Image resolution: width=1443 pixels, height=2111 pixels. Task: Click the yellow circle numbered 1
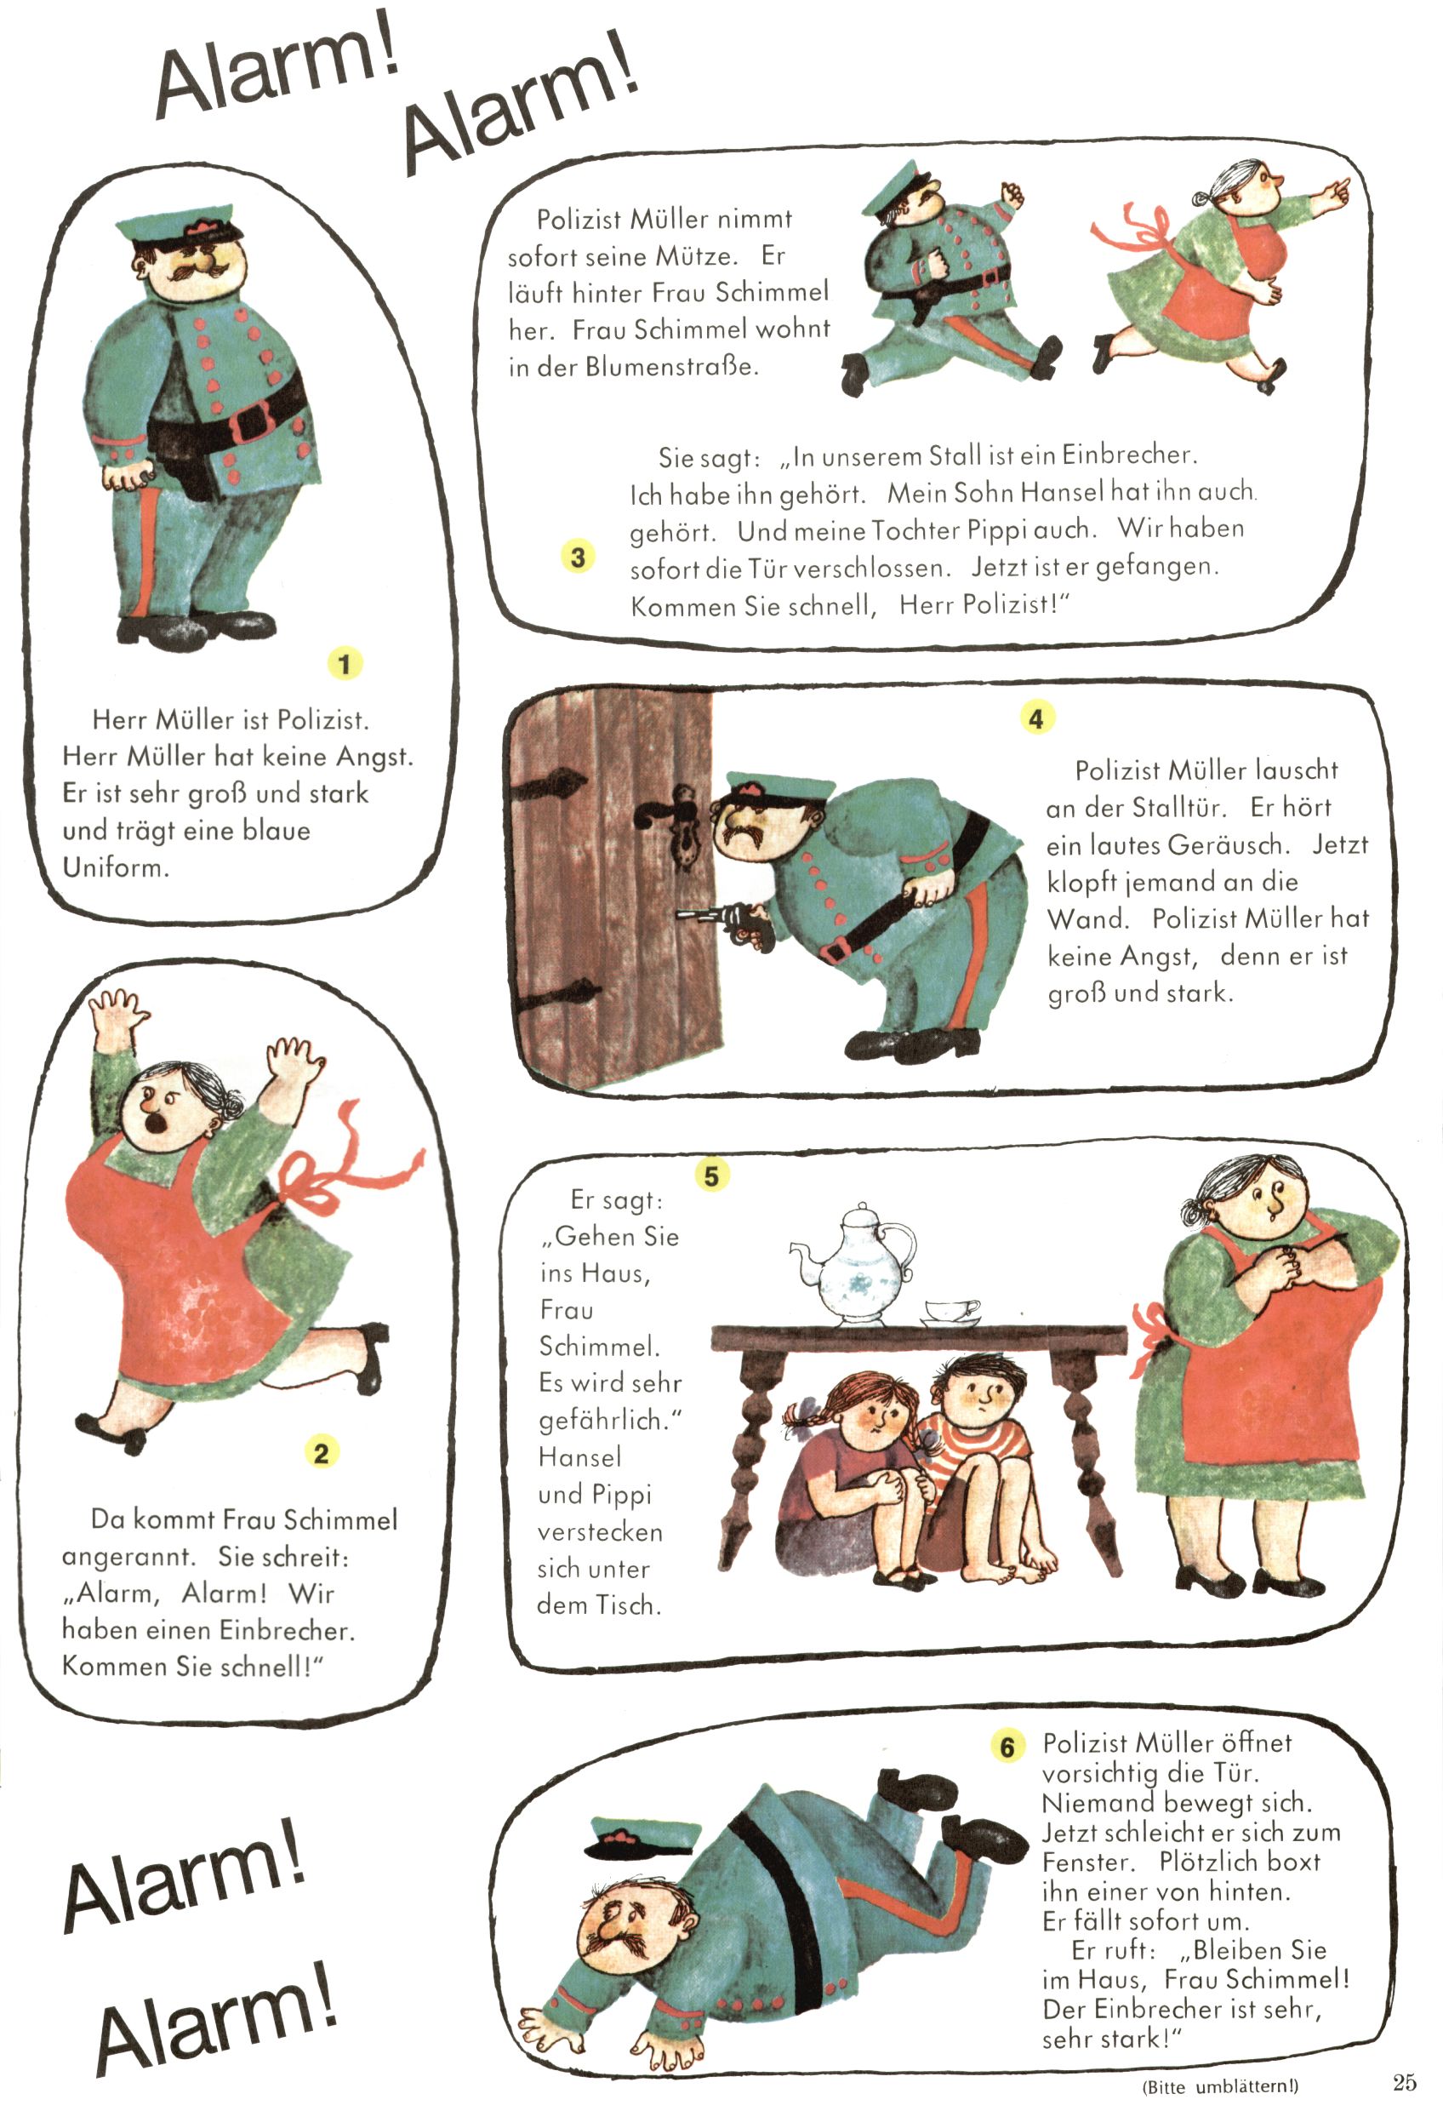point(345,663)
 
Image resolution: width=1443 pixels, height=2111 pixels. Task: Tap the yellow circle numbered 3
point(578,556)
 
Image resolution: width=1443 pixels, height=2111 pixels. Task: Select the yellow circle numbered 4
point(1036,718)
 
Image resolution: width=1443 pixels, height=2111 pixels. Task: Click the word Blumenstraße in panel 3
point(671,367)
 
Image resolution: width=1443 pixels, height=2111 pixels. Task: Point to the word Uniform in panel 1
point(116,867)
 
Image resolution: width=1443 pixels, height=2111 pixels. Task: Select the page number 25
point(1404,2081)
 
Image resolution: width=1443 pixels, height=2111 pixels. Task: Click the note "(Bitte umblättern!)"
point(1219,2086)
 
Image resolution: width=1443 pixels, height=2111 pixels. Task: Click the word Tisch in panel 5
point(628,1605)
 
